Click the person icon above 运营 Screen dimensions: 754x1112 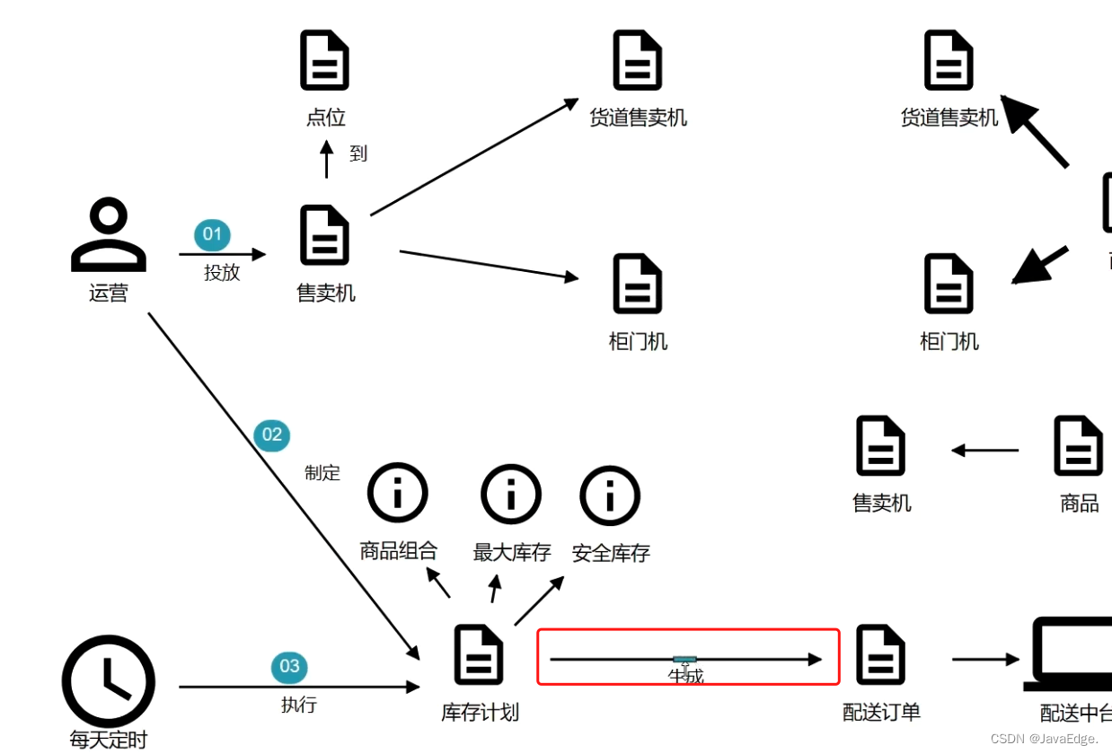coord(109,235)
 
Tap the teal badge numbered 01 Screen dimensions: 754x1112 coord(212,235)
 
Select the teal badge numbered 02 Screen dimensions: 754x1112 coord(271,435)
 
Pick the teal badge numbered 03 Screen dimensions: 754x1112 coord(289,666)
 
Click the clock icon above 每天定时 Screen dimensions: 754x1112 coord(109,680)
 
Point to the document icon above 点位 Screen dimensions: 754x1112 coord(324,61)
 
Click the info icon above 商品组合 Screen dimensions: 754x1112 coord(398,494)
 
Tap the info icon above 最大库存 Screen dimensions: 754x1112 coord(511,494)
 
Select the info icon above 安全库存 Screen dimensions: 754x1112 coord(610,495)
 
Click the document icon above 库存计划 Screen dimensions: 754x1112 coord(479,655)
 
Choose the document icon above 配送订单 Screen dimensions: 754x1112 coord(880,655)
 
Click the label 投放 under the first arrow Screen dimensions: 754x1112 coord(222,273)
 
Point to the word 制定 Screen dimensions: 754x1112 coord(322,473)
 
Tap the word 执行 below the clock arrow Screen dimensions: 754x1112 coord(298,705)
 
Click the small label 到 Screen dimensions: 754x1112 coord(358,153)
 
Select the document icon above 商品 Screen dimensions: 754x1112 coord(1079,445)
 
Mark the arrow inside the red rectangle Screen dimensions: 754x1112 coord(686,660)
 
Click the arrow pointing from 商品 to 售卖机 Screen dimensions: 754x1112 coord(985,450)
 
